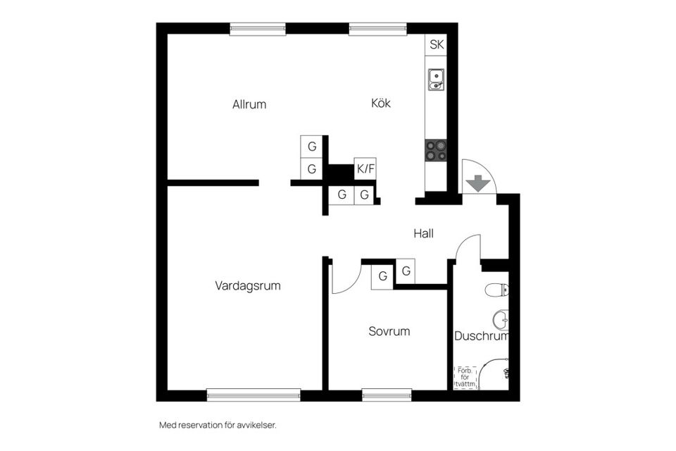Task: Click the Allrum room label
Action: pyautogui.click(x=249, y=104)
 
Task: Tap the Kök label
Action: pyautogui.click(x=381, y=104)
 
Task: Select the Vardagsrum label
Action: pyautogui.click(x=248, y=286)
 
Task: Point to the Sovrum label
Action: pyautogui.click(x=389, y=331)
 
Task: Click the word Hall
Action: pyautogui.click(x=423, y=233)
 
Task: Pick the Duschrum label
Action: pyautogui.click(x=481, y=336)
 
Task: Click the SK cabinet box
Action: pyautogui.click(x=437, y=44)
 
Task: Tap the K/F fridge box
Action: pyautogui.click(x=365, y=168)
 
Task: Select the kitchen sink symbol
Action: pyautogui.click(x=436, y=78)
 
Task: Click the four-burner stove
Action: pyautogui.click(x=436, y=150)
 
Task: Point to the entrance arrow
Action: pyautogui.click(x=479, y=183)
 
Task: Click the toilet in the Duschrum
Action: pyautogui.click(x=498, y=289)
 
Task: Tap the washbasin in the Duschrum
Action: pyautogui.click(x=501, y=321)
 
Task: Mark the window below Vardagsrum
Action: pyautogui.click(x=254, y=395)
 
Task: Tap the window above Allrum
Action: pyautogui.click(x=258, y=29)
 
